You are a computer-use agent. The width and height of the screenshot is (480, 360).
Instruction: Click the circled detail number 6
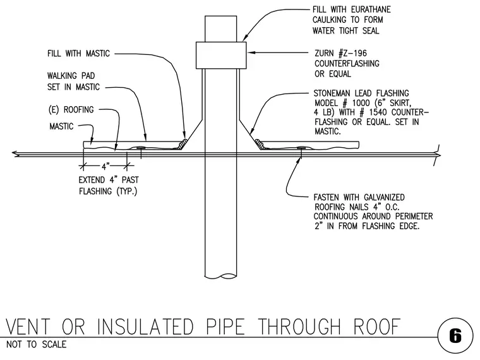pos(455,336)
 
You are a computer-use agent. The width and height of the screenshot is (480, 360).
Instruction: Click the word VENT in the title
pos(28,327)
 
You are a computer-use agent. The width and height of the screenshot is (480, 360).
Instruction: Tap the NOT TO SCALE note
pos(36,344)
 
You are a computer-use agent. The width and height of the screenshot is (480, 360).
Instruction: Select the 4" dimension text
pos(105,167)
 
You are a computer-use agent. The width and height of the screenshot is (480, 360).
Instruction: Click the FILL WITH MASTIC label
pos(78,54)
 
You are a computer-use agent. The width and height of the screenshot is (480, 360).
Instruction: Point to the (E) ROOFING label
pos(71,110)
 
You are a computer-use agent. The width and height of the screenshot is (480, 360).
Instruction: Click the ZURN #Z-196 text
pos(340,53)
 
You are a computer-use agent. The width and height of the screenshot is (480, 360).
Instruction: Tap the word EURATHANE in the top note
pos(371,9)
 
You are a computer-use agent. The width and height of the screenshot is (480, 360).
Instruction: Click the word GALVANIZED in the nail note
pos(384,197)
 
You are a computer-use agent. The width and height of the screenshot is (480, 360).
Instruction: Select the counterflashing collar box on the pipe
pos(221,55)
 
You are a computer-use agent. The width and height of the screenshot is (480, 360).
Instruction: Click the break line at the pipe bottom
pos(220,276)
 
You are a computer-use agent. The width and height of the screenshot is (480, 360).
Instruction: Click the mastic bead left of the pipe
pos(183,144)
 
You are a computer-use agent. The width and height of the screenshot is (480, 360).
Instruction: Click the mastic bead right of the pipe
pos(260,143)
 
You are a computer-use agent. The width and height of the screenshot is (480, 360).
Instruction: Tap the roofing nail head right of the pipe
pos(301,148)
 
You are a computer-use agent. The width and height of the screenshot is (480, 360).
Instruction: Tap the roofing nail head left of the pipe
pos(141,148)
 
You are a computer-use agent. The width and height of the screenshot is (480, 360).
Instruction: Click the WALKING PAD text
pos(71,76)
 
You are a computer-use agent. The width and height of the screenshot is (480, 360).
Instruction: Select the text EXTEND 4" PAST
pos(109,180)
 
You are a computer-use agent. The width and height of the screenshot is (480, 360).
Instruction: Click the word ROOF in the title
pos(377,327)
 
